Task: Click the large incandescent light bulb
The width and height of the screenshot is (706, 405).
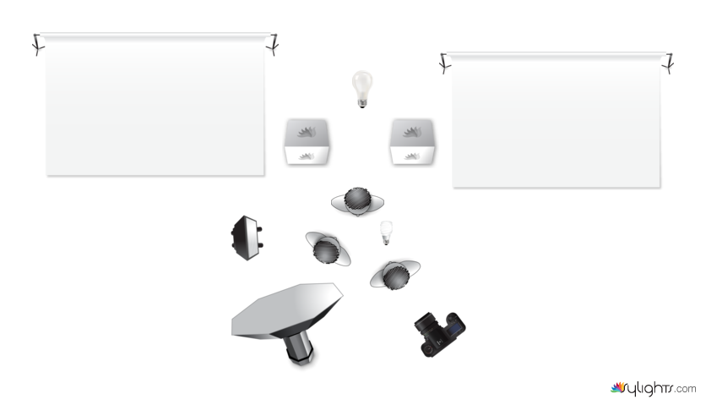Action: pyautogui.click(x=362, y=89)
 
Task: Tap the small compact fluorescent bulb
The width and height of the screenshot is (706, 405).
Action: pyautogui.click(x=386, y=233)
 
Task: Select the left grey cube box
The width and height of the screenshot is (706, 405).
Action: pyautogui.click(x=307, y=142)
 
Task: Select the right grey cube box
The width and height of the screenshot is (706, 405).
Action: pyautogui.click(x=412, y=142)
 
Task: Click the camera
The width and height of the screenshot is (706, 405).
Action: pyautogui.click(x=440, y=333)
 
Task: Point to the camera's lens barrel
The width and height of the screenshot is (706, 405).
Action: pyautogui.click(x=426, y=324)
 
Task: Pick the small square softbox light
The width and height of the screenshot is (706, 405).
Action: pyautogui.click(x=247, y=238)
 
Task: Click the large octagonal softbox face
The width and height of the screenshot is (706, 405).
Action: pyautogui.click(x=286, y=309)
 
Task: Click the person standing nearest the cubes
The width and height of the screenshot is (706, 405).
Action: pyautogui.click(x=357, y=201)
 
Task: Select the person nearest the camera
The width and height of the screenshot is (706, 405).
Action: pyautogui.click(x=395, y=275)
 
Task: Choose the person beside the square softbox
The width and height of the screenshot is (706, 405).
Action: pyautogui.click(x=328, y=249)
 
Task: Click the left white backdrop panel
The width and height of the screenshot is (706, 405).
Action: pyautogui.click(x=155, y=105)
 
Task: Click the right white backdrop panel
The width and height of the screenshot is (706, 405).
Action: pyautogui.click(x=556, y=120)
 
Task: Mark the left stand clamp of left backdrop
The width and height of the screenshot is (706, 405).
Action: pyautogui.click(x=38, y=45)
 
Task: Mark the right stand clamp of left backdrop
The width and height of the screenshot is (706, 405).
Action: pyautogui.click(x=273, y=45)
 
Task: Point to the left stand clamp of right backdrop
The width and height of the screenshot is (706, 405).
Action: pyautogui.click(x=444, y=63)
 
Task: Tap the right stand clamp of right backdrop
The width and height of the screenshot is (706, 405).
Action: pyautogui.click(x=668, y=63)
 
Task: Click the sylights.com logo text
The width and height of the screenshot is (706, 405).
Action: pyautogui.click(x=653, y=388)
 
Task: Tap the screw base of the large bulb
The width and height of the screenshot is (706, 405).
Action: pyautogui.click(x=362, y=104)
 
